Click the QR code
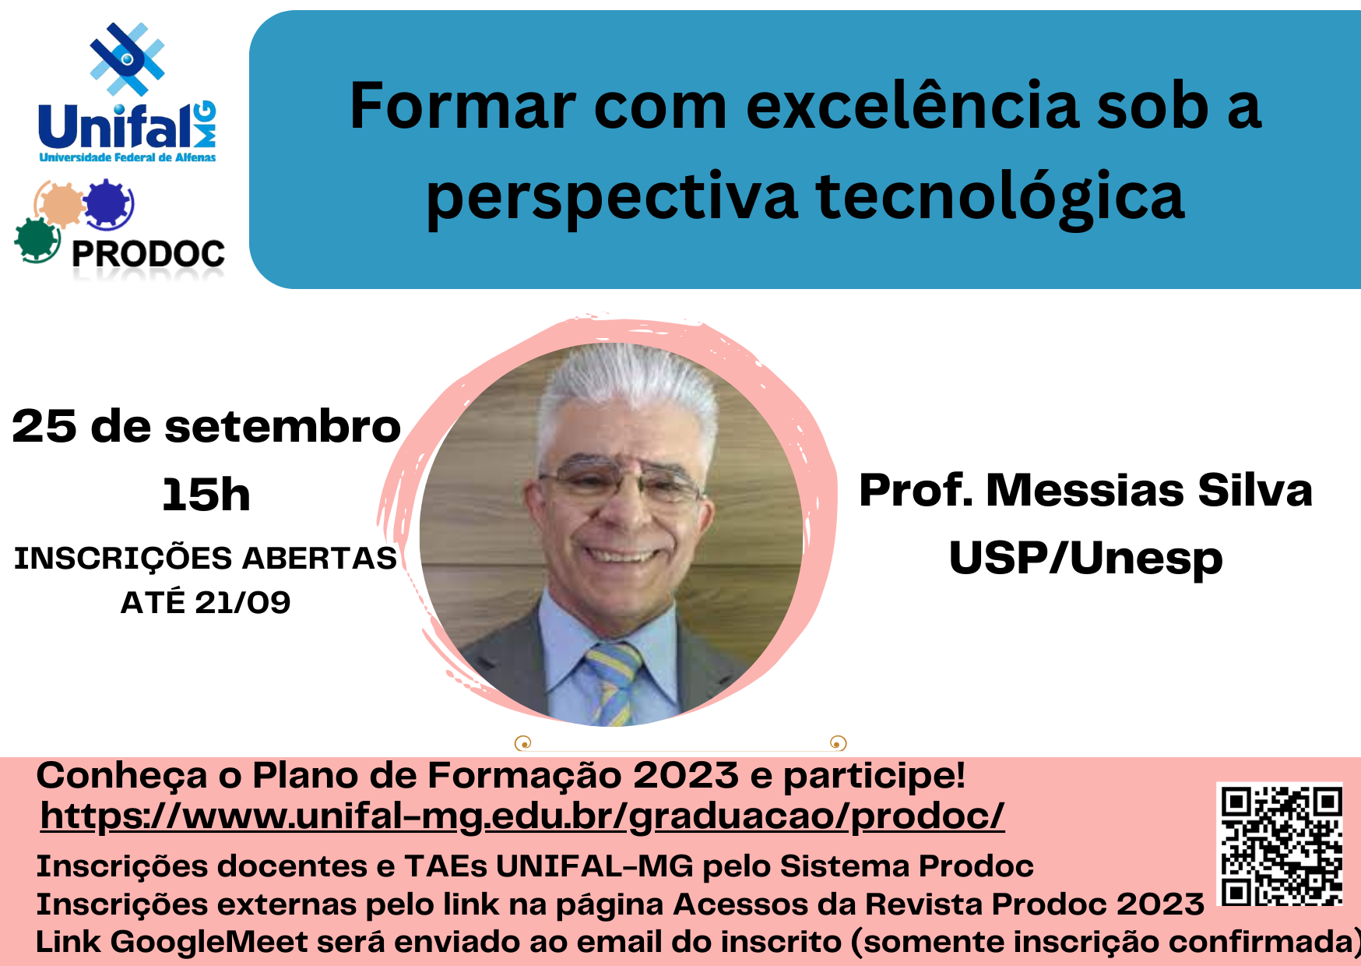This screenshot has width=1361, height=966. tap(1281, 844)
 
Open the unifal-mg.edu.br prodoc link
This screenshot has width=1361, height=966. tap(522, 816)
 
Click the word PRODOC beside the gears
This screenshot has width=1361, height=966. tap(148, 254)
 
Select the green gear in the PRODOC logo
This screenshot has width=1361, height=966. tap(37, 240)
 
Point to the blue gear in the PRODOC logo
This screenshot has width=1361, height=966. tap(108, 203)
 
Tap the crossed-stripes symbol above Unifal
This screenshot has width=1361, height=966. tap(127, 59)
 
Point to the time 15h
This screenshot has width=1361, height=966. tap(206, 495)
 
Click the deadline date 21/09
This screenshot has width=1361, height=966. tap(242, 602)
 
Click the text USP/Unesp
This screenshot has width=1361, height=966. tap(1085, 559)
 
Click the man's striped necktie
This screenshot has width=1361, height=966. tap(615, 682)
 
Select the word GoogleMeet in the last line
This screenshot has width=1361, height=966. tap(210, 941)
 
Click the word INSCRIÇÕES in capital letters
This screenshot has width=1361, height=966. tap(123, 559)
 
